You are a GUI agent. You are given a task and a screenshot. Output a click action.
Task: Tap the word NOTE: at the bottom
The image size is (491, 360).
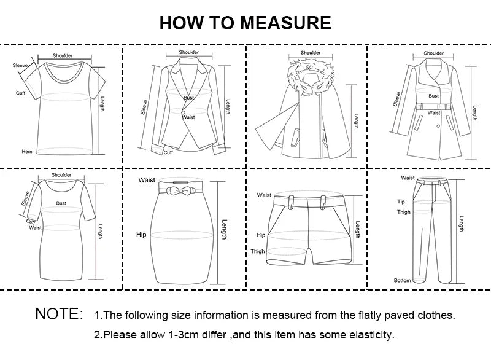click(x=59, y=315)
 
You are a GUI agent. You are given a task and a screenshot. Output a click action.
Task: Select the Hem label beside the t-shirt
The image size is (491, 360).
click(x=26, y=151)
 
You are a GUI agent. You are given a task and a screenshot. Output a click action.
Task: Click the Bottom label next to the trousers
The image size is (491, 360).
click(x=402, y=281)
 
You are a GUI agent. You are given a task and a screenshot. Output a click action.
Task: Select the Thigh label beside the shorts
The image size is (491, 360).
click(x=258, y=251)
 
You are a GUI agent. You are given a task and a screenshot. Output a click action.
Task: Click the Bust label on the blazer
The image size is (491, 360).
click(x=188, y=98)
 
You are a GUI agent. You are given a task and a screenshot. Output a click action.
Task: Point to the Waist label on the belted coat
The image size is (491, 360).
click(x=434, y=112)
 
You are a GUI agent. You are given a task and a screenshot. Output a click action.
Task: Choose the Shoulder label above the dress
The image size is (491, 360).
click(x=61, y=175)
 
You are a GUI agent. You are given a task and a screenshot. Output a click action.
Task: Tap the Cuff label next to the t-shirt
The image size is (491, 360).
click(x=20, y=93)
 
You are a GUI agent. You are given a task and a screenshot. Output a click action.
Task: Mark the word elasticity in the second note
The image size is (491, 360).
click(x=371, y=335)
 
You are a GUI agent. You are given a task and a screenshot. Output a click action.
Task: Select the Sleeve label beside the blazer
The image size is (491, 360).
click(x=144, y=108)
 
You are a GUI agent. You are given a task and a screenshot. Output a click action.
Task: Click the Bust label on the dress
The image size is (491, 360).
click(x=61, y=203)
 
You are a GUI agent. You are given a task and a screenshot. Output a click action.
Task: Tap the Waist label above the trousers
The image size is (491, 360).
click(x=408, y=178)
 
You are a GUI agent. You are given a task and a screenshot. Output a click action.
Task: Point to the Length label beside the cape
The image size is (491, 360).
click(x=356, y=120)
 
